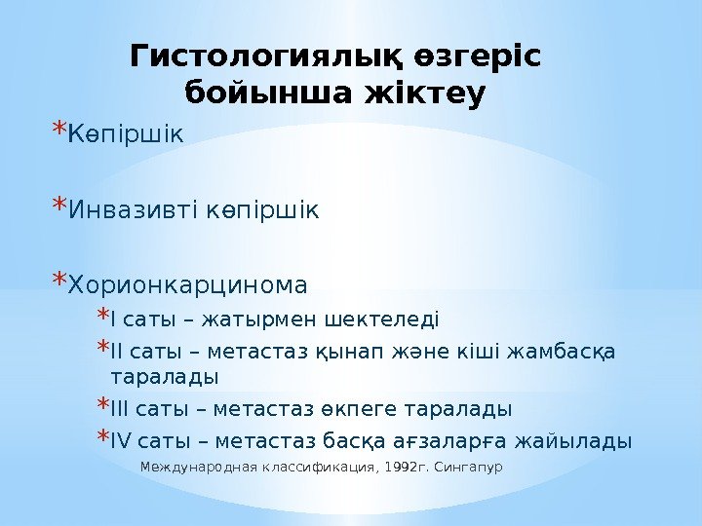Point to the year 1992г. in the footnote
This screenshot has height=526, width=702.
pyautogui.click(x=409, y=468)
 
